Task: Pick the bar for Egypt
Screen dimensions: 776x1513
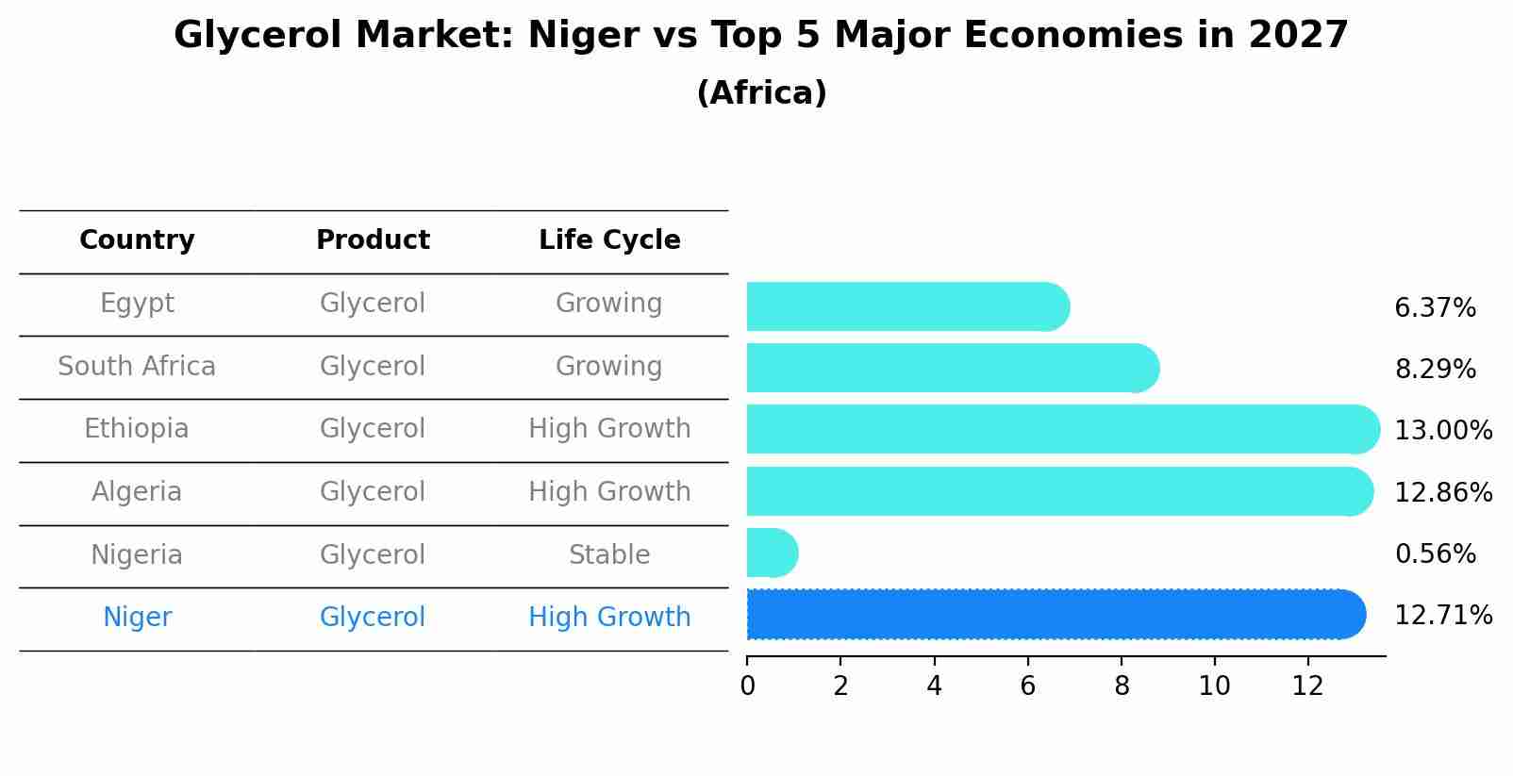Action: point(906,306)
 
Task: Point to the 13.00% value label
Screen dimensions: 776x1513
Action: point(1442,431)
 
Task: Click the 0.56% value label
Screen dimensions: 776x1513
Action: point(1435,554)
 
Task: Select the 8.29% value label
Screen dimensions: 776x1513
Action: point(1435,370)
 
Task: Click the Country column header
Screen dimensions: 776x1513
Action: point(137,240)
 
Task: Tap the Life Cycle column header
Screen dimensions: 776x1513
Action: point(609,240)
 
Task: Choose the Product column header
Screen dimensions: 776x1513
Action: point(373,240)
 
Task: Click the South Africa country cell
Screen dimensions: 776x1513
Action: point(137,367)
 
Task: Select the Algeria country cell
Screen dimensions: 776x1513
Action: point(137,492)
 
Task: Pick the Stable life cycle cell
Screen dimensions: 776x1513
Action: point(609,555)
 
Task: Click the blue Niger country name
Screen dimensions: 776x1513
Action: point(137,618)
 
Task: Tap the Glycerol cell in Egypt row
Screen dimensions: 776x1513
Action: point(373,304)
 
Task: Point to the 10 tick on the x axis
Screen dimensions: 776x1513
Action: point(1214,686)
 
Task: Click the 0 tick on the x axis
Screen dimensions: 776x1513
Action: point(747,686)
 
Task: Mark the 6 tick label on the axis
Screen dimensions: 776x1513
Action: point(1027,686)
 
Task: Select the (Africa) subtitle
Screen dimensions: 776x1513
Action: point(761,93)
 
